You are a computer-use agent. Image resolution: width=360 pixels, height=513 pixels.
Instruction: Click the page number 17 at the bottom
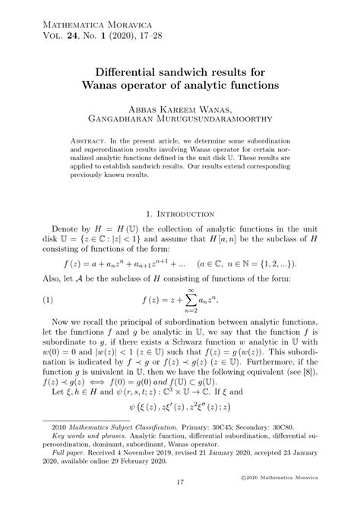tap(179, 482)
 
